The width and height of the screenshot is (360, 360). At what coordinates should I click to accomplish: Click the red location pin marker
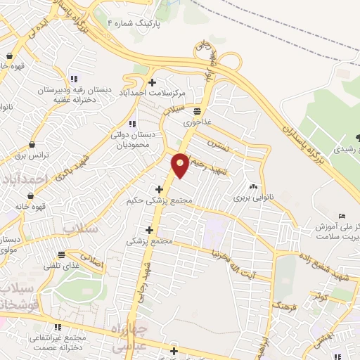[181, 165]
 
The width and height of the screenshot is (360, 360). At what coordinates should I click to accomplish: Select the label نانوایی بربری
[252, 198]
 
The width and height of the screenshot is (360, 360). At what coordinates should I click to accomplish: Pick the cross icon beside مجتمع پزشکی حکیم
[159, 188]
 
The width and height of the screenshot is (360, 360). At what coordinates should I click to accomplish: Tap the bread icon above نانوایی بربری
[252, 187]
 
